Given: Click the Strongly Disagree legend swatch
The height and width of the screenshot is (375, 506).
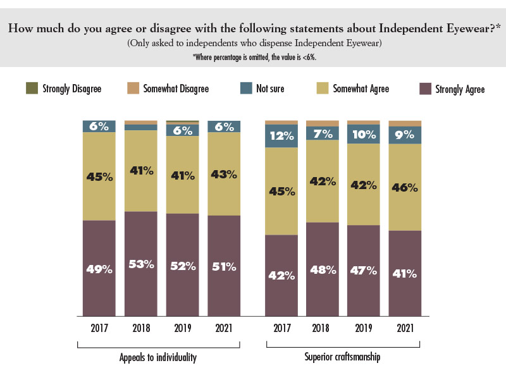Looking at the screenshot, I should pyautogui.click(x=32, y=89).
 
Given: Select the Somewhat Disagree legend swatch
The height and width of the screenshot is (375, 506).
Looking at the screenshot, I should pyautogui.click(x=133, y=89).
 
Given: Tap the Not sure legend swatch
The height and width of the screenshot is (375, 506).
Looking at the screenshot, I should pyautogui.click(x=245, y=89).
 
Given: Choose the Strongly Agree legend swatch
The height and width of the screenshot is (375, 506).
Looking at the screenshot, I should pyautogui.click(x=425, y=89).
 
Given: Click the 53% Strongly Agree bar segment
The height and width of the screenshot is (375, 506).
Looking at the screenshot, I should pyautogui.click(x=141, y=264).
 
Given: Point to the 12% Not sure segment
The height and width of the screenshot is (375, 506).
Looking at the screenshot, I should pyautogui.click(x=281, y=136).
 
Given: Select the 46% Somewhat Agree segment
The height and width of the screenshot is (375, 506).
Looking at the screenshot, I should pyautogui.click(x=405, y=187).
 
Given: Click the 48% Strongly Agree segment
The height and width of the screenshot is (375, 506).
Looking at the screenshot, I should pyautogui.click(x=323, y=269).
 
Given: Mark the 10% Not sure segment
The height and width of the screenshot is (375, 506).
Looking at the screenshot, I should pyautogui.click(x=364, y=135).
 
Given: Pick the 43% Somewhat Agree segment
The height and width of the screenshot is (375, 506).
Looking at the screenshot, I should pyautogui.click(x=224, y=173).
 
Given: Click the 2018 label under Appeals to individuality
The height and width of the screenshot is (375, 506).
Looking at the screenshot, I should pyautogui.click(x=141, y=328).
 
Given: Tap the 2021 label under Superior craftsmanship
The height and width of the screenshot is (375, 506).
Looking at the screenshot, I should pyautogui.click(x=405, y=328).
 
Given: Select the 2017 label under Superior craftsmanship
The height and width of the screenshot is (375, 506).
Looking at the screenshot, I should pyautogui.click(x=281, y=328).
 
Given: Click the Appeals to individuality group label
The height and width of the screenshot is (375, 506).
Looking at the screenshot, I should pyautogui.click(x=158, y=357).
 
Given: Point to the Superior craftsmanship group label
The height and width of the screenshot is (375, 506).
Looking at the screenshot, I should pyautogui.click(x=343, y=357).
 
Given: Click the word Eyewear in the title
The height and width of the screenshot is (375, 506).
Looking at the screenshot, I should pyautogui.click(x=466, y=28).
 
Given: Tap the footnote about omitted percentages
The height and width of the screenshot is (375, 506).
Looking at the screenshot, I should pyautogui.click(x=254, y=56).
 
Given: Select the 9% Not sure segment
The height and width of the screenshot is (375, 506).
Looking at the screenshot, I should pyautogui.click(x=405, y=135).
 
